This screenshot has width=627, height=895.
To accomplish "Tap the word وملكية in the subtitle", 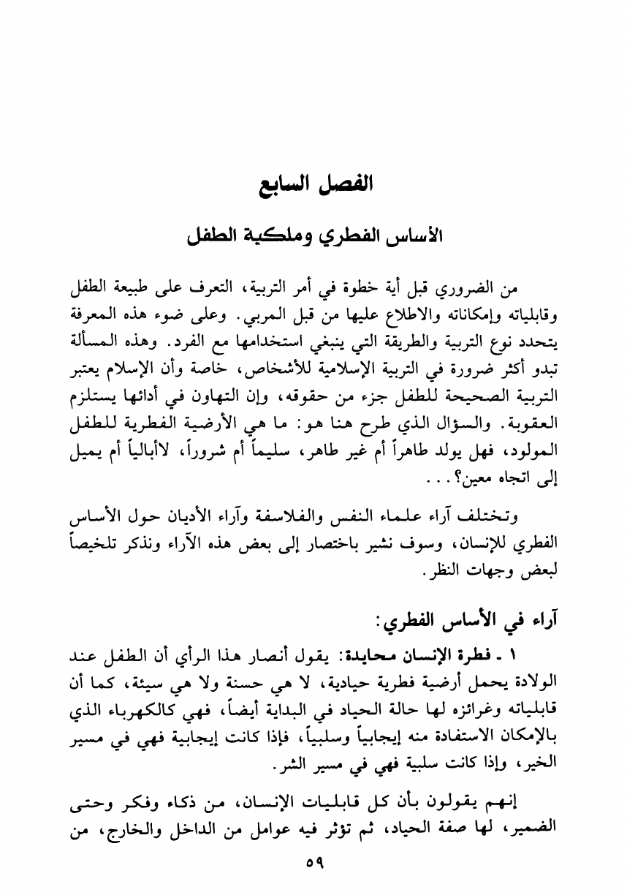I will (x=284, y=238).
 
